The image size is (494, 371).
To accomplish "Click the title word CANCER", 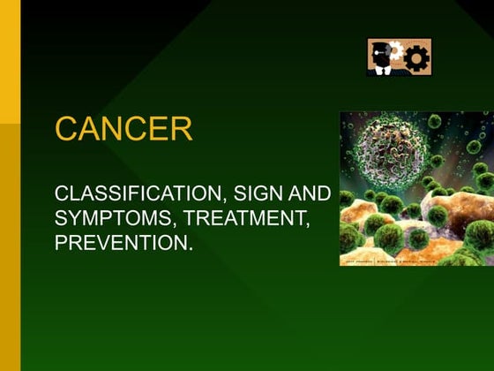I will click(x=123, y=129).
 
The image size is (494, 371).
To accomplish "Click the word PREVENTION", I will click(x=121, y=240).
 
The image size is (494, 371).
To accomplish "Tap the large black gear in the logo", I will click(x=415, y=58).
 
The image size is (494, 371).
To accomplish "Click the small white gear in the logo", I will click(x=396, y=52).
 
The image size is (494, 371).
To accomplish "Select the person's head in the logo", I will click(x=379, y=49).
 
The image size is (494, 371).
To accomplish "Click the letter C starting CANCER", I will click(x=66, y=129).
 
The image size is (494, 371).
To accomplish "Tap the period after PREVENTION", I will click(x=190, y=246).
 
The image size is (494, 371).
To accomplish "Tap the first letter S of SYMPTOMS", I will click(x=61, y=216).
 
